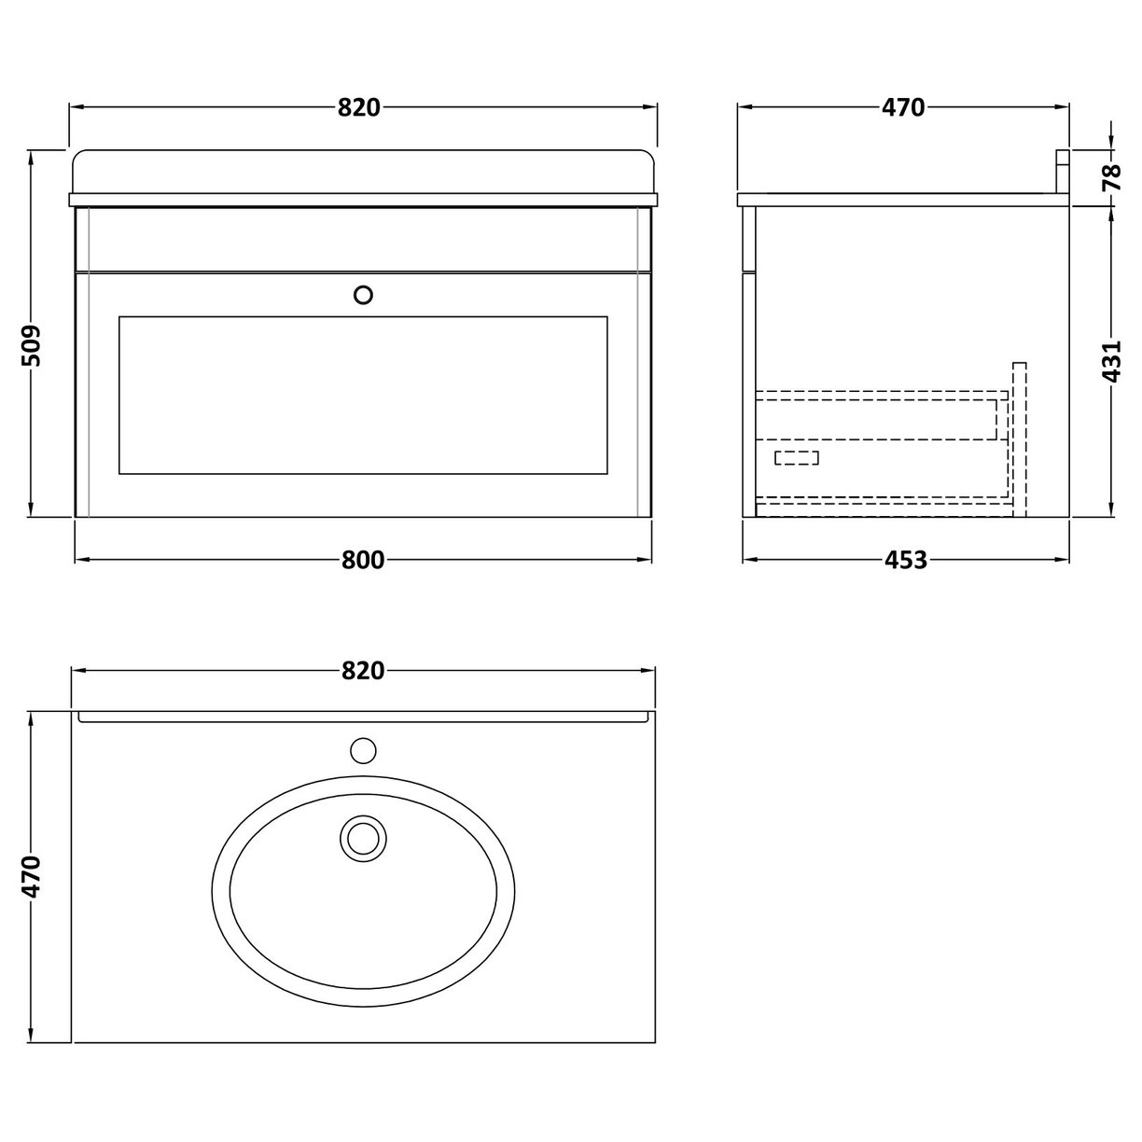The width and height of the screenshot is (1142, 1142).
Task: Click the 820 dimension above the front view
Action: coord(359,107)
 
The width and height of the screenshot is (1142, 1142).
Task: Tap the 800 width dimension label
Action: coord(362,560)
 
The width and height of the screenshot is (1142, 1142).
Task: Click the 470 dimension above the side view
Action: coord(902,107)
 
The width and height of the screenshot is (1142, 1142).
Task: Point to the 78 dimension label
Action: coord(1111,176)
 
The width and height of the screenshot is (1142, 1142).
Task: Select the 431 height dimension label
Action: coord(1111,361)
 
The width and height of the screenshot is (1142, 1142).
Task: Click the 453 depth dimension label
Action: coord(905,560)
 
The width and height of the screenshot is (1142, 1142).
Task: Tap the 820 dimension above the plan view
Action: coord(362,671)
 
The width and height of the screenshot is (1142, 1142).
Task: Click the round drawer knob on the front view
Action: coord(364,295)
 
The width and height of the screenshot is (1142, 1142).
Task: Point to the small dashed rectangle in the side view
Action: coord(797,457)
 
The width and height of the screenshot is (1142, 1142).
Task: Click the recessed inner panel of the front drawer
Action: coord(364,395)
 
